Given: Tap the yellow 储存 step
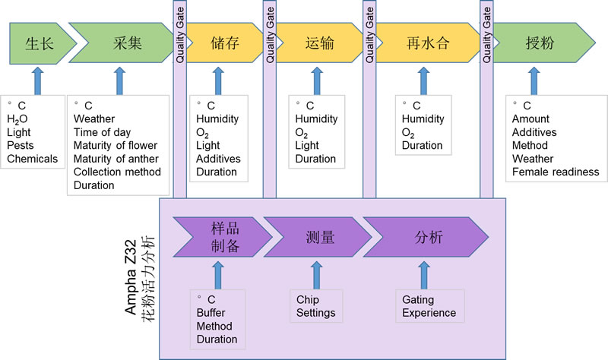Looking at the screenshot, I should tap(224, 43).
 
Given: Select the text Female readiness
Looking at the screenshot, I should tap(556, 172).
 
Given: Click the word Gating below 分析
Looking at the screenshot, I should tap(418, 300).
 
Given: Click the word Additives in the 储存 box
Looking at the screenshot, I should tap(218, 159).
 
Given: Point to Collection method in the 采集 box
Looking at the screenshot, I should tap(117, 172).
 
